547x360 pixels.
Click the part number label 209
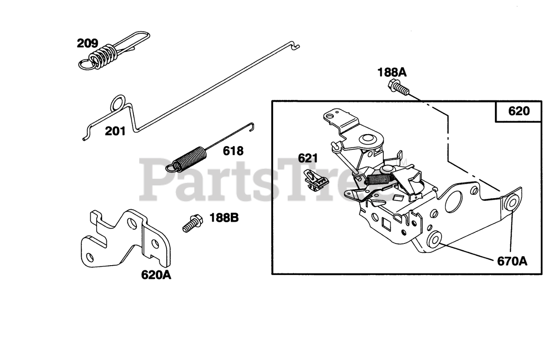pos(88,44)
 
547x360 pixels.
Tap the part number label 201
pos(115,131)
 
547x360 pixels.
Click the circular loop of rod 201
pos(118,103)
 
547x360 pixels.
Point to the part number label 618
pos(233,151)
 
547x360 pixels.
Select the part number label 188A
pos(392,73)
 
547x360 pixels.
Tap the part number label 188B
pos(224,217)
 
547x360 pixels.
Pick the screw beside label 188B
pos(193,223)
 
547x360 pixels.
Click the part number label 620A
pos(156,275)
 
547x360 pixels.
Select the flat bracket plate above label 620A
pos(126,239)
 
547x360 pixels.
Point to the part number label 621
pos(308,158)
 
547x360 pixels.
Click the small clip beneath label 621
pos(316,181)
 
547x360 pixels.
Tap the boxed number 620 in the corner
pos(519,111)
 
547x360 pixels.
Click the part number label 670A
pos(512,260)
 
